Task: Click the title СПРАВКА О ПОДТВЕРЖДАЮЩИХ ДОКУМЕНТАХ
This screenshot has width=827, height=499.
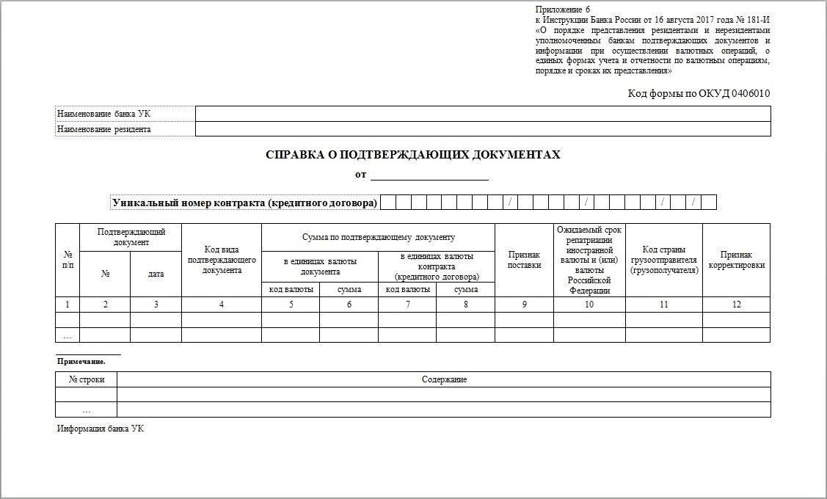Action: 412,155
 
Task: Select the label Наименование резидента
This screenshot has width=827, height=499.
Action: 103,129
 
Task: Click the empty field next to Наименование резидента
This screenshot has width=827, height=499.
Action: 482,129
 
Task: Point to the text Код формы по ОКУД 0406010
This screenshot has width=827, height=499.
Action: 699,93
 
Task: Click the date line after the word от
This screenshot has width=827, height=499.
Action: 429,175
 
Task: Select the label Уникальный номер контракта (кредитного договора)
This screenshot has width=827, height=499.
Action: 244,203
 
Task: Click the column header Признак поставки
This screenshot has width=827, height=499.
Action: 524,260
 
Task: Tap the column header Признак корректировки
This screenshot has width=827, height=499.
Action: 736,260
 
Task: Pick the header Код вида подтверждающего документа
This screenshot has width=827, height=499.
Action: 222,260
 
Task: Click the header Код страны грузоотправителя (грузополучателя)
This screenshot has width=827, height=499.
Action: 663,260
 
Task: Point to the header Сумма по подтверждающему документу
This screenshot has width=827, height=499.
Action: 378,237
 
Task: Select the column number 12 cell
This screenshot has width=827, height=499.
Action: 736,305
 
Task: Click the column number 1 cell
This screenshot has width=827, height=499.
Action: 68,305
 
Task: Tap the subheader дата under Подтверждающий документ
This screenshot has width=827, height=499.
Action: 156,274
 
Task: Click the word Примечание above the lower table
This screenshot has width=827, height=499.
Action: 81,361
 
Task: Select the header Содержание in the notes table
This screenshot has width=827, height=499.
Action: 444,379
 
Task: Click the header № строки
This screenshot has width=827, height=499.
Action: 87,379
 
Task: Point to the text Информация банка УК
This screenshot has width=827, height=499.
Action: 101,429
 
